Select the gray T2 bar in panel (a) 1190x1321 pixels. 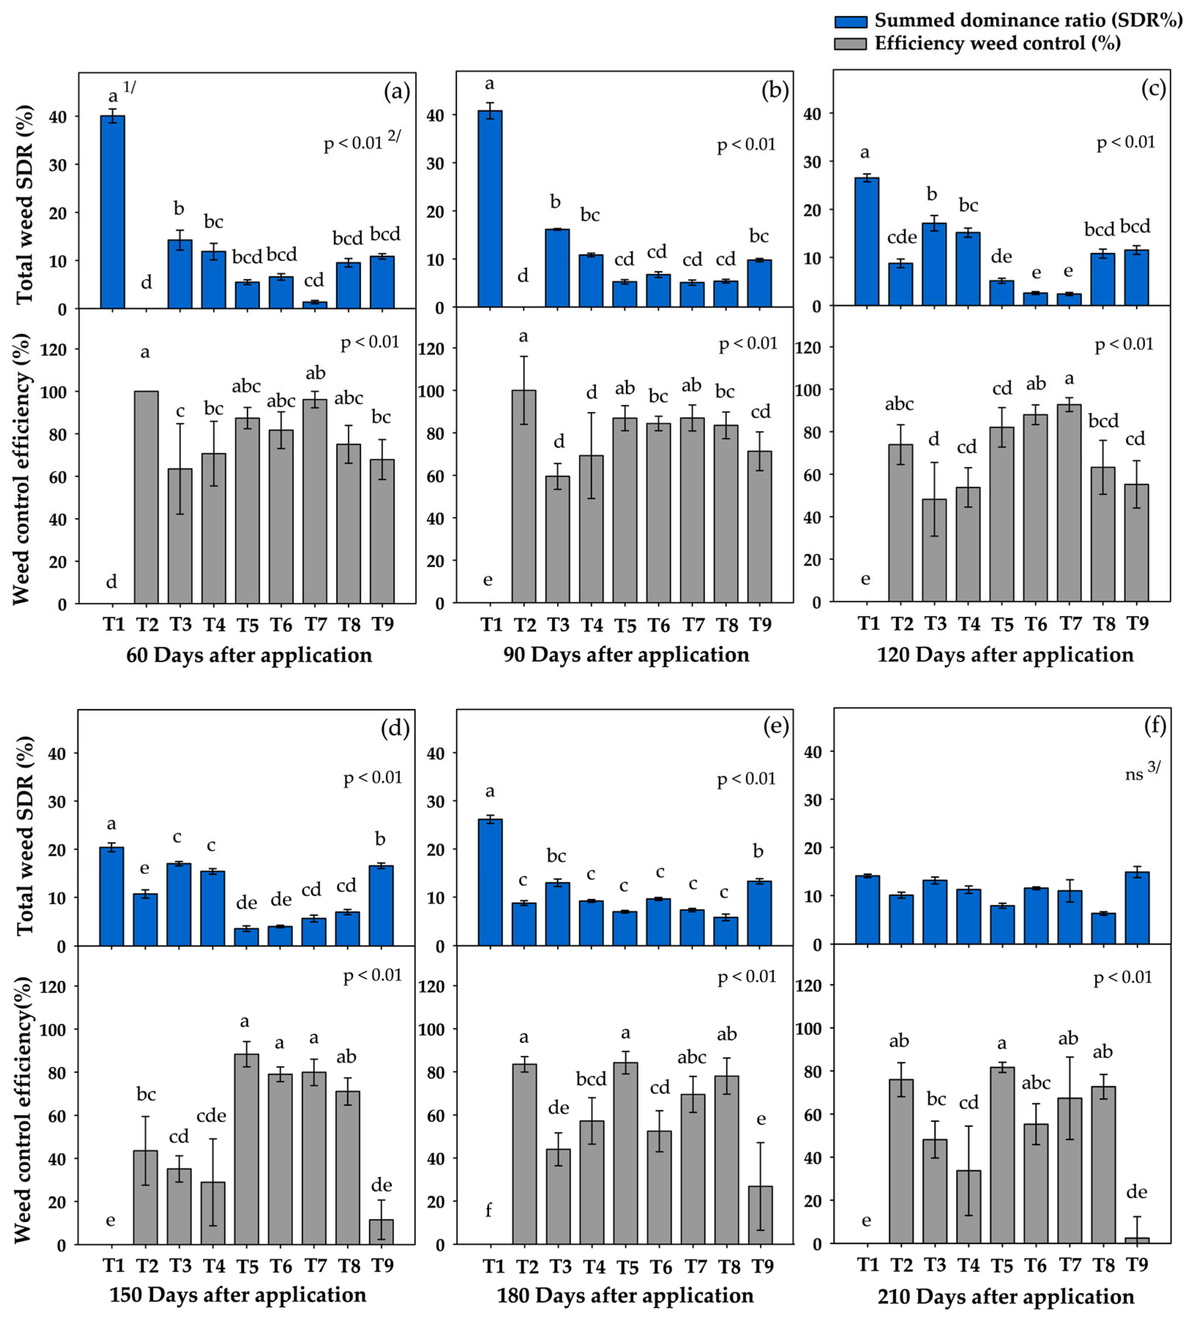tap(146, 497)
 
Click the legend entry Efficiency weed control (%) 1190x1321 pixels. tap(997, 43)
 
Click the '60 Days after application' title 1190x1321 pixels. tap(249, 655)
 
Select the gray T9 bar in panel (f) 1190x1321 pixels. tap(1137, 1240)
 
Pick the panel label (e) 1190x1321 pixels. tap(776, 726)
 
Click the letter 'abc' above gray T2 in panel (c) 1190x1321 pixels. tap(899, 404)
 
